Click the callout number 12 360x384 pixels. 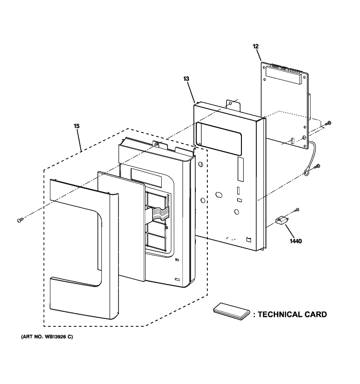coord(255,47)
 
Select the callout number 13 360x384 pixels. coord(187,78)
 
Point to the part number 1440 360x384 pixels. coord(295,241)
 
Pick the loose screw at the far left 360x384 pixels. coord(20,220)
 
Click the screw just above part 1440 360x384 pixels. coord(297,209)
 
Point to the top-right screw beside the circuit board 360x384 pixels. coord(328,124)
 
